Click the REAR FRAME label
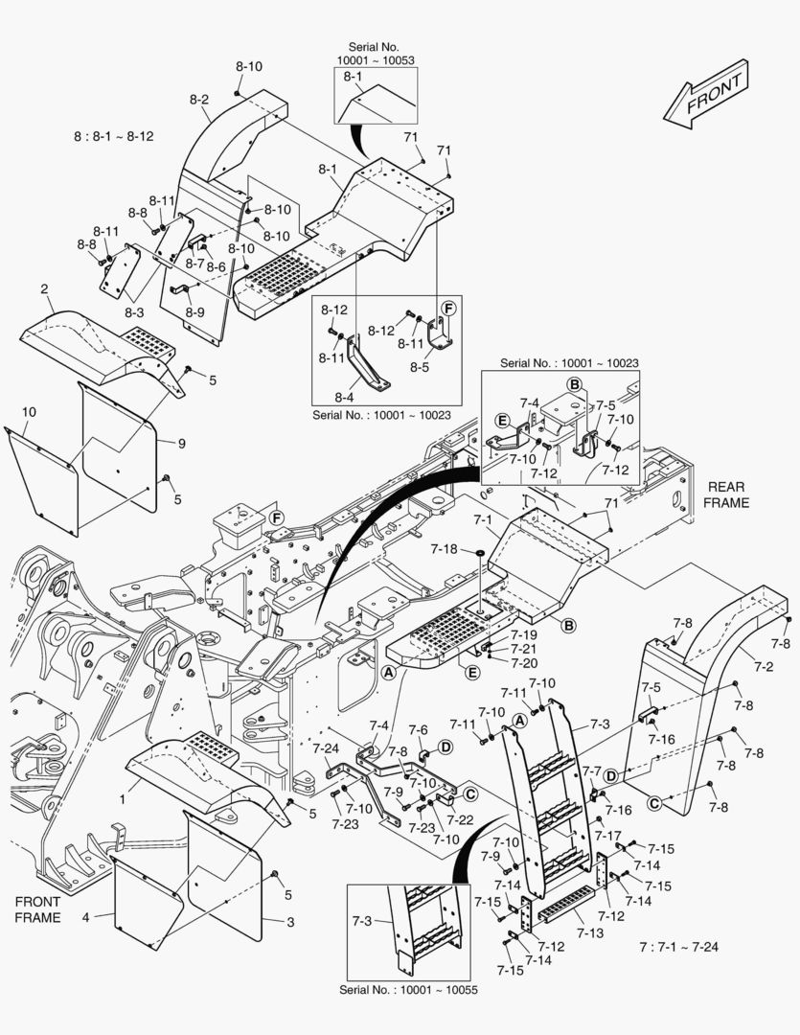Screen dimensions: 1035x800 coord(726,494)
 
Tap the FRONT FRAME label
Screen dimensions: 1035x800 coord(37,908)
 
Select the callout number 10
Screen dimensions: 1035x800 coord(29,411)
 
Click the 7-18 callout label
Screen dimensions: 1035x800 coord(445,549)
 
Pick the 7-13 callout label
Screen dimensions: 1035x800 coord(590,932)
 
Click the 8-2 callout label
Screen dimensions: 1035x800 coord(199,99)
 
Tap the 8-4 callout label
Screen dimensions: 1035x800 coord(345,396)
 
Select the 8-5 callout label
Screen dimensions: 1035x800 coord(420,366)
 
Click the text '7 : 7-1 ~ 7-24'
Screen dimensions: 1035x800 coord(678,947)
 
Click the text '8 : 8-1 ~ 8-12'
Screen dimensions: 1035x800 coord(113,136)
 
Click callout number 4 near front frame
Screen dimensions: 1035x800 coord(85,917)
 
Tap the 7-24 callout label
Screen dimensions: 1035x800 coord(326,747)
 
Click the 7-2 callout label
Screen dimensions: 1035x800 coord(765,665)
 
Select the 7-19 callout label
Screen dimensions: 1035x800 coord(523,634)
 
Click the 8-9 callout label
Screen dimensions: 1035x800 coord(194,311)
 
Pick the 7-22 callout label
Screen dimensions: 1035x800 coord(461,819)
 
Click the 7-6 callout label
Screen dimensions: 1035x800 coord(418,730)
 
